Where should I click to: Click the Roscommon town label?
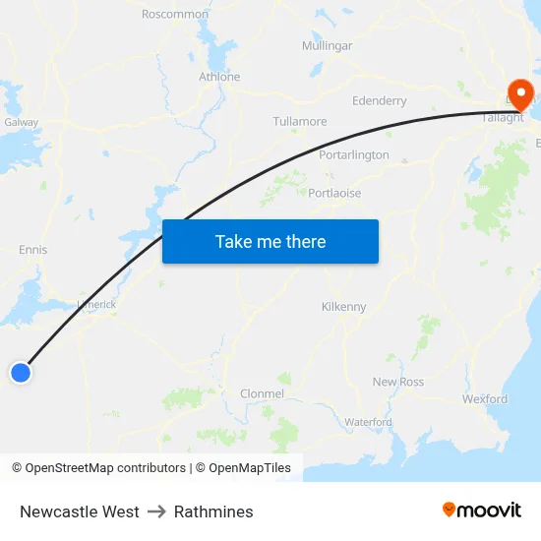coord(175,14)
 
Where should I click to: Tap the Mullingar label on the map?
coord(327,46)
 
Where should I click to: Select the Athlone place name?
coord(219,77)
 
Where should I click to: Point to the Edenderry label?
coord(379,101)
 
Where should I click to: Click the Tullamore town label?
coord(300,122)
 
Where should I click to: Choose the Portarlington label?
coord(354,155)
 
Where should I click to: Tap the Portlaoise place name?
coord(334,194)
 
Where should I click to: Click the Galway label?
coord(21,123)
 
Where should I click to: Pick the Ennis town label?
coord(32,250)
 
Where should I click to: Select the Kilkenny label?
coord(343,307)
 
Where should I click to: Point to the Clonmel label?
coord(262,393)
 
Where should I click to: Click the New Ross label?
coord(397,382)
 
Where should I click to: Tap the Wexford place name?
coord(485,399)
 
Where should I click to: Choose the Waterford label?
coord(368,422)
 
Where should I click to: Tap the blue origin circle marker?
coord(21,372)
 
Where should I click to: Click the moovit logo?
coord(482,511)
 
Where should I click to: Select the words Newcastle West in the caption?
coord(80,511)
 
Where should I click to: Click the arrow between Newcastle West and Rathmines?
coord(156,511)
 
